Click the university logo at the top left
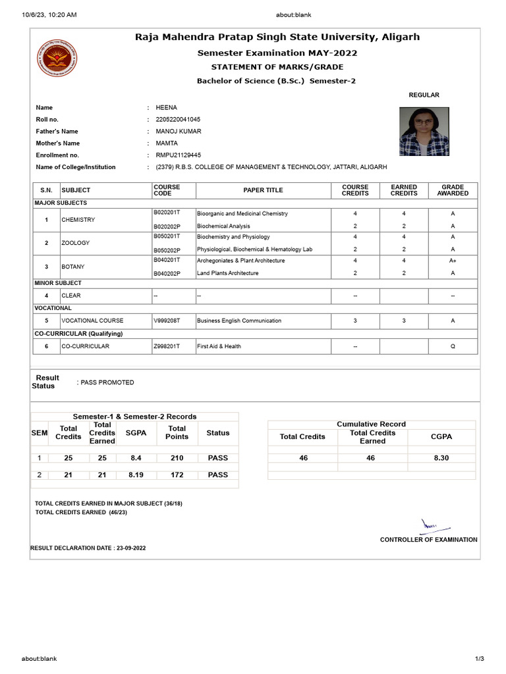tap(56, 62)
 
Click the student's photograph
tap(423, 132)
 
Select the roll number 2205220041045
tap(178, 120)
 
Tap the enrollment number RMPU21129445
tap(178, 155)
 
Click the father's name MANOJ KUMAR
tap(179, 132)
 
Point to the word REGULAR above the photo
tap(424, 95)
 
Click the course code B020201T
tap(166, 214)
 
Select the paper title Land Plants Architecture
tap(227, 273)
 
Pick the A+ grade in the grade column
tap(453, 261)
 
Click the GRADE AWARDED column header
tap(453, 190)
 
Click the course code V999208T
tap(166, 321)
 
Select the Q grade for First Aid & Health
tap(453, 346)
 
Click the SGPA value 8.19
tap(136, 475)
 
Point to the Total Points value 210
tap(177, 457)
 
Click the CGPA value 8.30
tap(441, 457)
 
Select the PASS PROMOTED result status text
tap(107, 382)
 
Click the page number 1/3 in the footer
tap(479, 659)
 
